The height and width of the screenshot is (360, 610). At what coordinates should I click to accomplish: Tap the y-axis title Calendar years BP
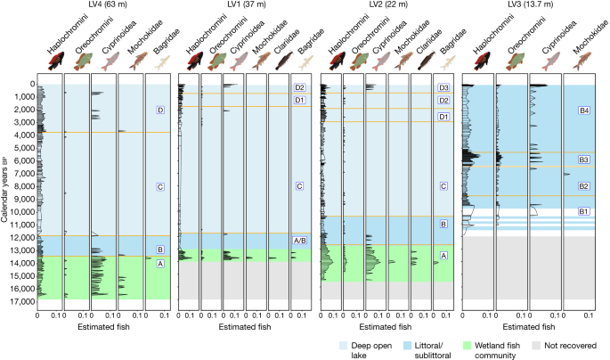tap(6, 192)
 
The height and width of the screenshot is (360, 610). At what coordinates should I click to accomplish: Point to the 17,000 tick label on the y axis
tap(21, 301)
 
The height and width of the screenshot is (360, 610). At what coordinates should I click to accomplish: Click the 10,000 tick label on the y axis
tap(21, 212)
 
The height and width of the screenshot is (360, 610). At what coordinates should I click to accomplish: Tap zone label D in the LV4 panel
tap(159, 110)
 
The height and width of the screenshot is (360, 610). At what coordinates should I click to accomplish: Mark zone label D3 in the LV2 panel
tap(443, 88)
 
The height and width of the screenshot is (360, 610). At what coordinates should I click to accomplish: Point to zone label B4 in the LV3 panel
tap(583, 110)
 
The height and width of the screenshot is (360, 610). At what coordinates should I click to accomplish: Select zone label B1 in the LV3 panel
tap(583, 211)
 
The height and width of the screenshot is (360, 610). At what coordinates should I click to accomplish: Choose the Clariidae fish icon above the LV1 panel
tap(277, 61)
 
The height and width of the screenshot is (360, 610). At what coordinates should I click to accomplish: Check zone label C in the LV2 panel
tap(443, 187)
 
